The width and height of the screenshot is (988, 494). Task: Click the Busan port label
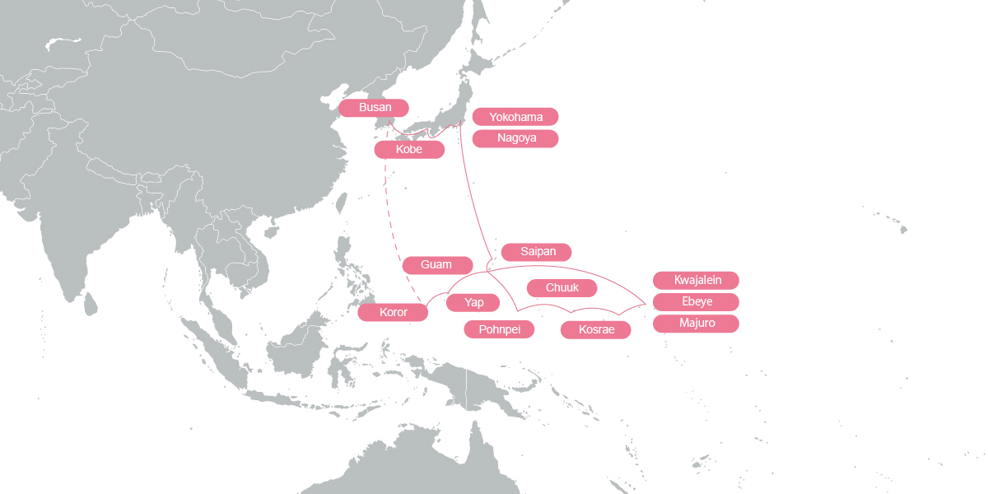[x=375, y=108]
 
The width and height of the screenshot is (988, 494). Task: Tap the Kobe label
[x=409, y=150]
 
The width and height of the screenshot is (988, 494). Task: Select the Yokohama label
[x=515, y=117]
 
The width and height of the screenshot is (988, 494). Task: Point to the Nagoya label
[x=515, y=138]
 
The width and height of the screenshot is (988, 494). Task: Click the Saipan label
[x=536, y=252]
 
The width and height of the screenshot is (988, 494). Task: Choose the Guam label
[x=437, y=265]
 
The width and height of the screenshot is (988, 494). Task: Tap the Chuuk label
[x=562, y=287]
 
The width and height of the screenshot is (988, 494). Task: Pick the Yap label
[x=474, y=303]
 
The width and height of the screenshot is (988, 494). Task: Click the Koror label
[x=394, y=312]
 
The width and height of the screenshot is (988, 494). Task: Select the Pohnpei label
[x=499, y=329]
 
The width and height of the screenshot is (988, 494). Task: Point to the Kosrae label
[x=595, y=330]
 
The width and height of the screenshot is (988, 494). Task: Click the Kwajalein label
[x=696, y=280]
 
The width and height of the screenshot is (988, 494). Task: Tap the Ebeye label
[x=696, y=301]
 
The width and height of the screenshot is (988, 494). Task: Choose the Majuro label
[x=696, y=323]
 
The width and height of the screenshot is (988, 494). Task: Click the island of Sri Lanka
[x=91, y=305]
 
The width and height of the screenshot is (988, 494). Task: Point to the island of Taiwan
[x=341, y=203]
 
